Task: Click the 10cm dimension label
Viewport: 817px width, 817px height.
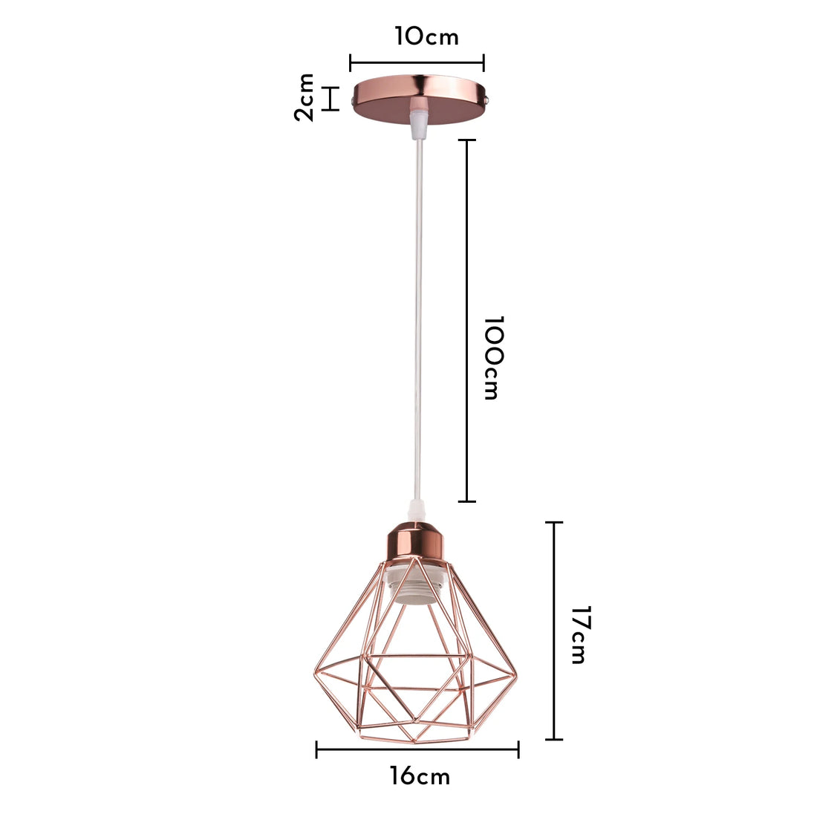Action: click(426, 36)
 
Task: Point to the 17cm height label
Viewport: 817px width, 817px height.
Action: click(579, 635)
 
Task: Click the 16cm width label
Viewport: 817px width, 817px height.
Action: click(420, 777)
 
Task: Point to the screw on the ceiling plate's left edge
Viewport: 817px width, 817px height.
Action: click(351, 97)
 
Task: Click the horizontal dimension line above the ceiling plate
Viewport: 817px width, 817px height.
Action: click(417, 63)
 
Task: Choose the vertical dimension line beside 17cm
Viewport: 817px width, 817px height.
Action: click(554, 631)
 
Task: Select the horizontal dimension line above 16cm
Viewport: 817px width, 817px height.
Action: click(417, 749)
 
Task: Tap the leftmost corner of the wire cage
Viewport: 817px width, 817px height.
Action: click(310, 677)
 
